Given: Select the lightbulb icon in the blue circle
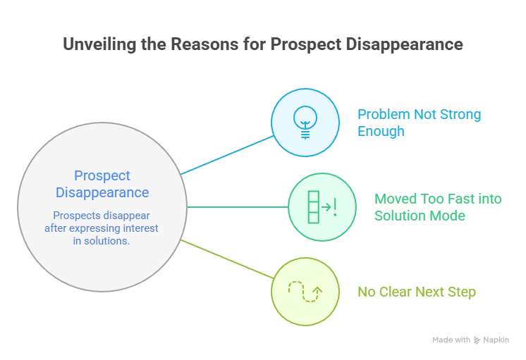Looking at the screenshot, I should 305,122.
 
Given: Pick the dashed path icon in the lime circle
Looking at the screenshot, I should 305,291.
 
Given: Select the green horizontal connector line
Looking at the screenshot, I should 238,207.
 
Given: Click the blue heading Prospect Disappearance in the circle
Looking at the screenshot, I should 102,184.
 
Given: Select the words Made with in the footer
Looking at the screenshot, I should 451,340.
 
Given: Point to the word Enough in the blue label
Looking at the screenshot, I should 381,131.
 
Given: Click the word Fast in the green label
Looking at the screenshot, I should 460,199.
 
